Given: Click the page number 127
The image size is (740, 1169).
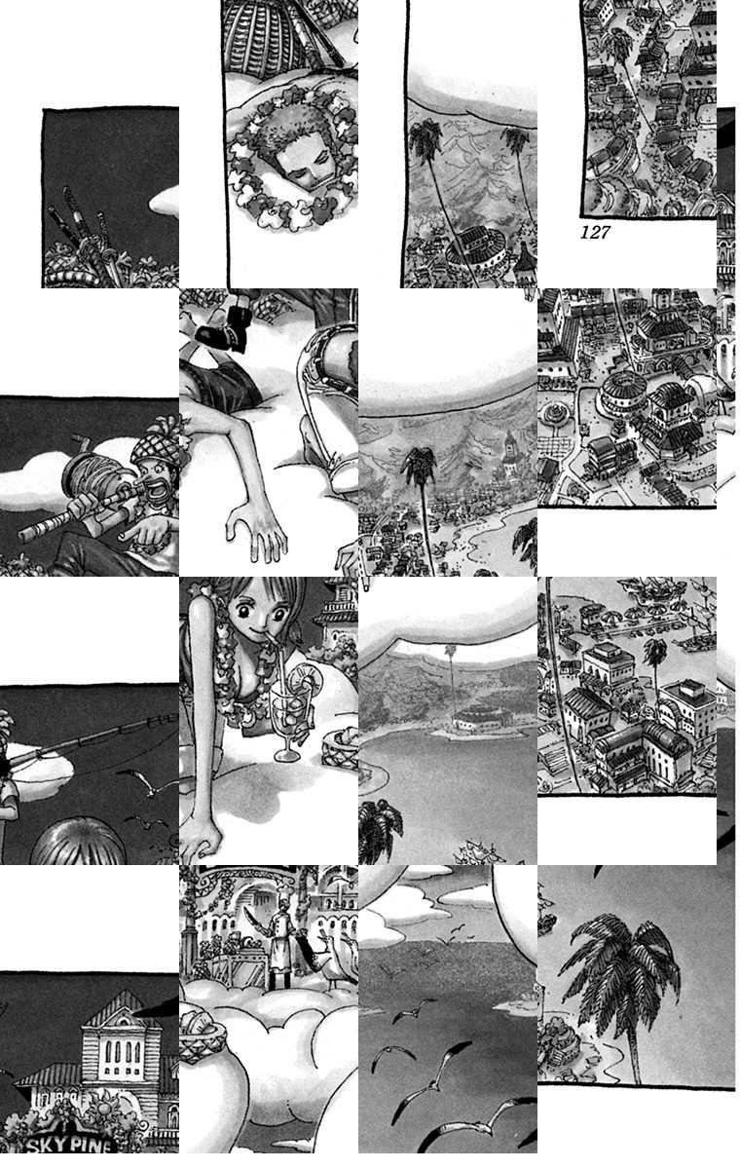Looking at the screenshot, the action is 595,232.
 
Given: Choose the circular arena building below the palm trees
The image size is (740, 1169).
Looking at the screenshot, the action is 474,246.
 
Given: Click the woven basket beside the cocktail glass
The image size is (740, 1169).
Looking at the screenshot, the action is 340,747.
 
